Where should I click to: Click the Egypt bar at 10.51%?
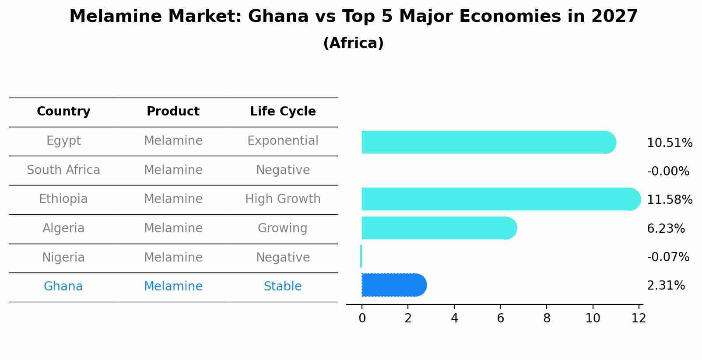coord(488,142)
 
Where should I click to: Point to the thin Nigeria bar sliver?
coord(361,256)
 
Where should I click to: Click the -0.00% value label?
coord(668,171)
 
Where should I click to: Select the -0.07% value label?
coord(668,257)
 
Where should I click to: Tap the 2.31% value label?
coord(666,286)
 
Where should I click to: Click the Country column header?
coord(63,112)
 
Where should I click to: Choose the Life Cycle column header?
coord(283,112)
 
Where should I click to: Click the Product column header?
coord(173,112)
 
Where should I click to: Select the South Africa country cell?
coord(63,170)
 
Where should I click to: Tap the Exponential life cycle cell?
coord(283,141)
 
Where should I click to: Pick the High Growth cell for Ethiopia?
coord(283,199)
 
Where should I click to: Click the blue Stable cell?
coord(283,287)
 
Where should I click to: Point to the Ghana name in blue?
coord(63,287)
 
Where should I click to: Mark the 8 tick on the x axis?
coord(547,318)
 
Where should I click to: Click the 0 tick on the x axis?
coord(362,318)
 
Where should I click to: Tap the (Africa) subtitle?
coord(353,43)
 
